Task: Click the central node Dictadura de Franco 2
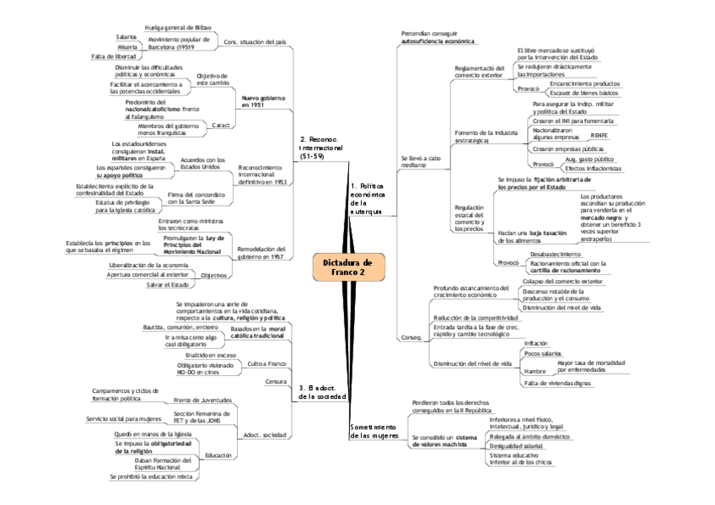347,267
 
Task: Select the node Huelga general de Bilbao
178,28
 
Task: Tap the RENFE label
599,135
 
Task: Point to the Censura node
277,381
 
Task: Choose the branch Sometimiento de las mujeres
373,432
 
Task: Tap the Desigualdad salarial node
518,447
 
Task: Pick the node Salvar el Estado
166,285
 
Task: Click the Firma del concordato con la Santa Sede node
191,199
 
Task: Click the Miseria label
127,46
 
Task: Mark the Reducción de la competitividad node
469,317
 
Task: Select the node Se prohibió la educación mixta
153,476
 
